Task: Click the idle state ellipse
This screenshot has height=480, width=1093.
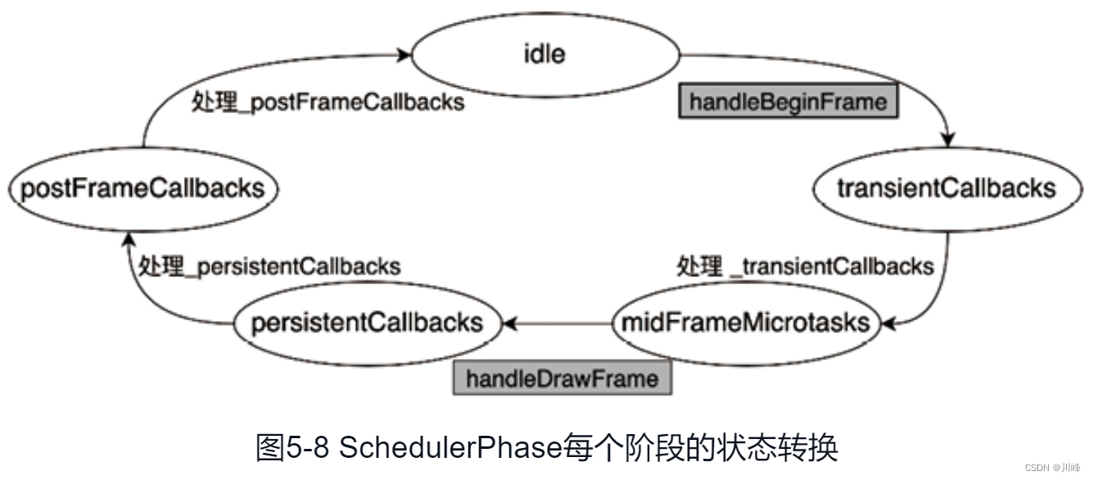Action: [545, 55]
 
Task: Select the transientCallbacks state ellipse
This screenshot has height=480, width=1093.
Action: [946, 188]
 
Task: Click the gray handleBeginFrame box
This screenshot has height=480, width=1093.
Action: [788, 102]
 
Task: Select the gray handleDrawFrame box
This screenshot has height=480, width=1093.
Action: [562, 378]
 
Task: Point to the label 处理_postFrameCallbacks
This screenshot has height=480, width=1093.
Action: [328, 102]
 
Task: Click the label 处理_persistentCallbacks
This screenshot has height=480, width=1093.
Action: [269, 266]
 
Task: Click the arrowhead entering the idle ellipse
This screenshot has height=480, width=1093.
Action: [404, 56]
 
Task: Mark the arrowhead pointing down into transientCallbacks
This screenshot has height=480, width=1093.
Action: [949, 141]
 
